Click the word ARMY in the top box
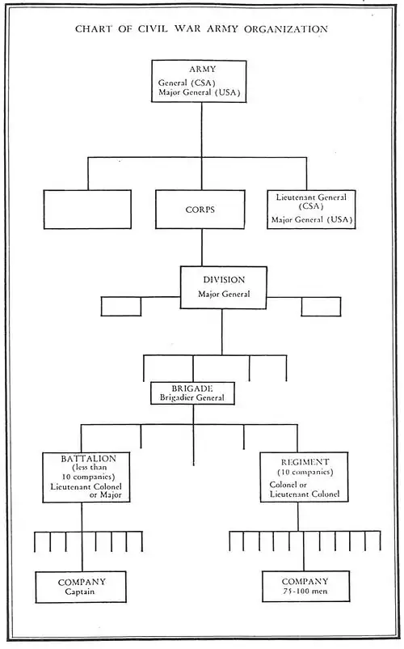[203, 69]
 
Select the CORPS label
[200, 210]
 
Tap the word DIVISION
[224, 280]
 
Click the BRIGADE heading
[192, 388]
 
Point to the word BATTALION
[88, 459]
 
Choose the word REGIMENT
[305, 462]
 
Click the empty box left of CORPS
[87, 210]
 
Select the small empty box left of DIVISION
[121, 307]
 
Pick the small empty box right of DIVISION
[321, 307]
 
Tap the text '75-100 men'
[305, 591]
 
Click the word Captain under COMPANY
[80, 592]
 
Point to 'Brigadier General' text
[192, 398]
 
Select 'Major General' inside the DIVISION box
[224, 295]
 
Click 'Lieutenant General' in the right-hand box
[311, 197]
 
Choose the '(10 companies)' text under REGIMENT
[305, 473]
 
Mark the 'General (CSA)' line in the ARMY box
[187, 83]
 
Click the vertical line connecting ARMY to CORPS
[201, 146]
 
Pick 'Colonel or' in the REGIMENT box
[288, 485]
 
